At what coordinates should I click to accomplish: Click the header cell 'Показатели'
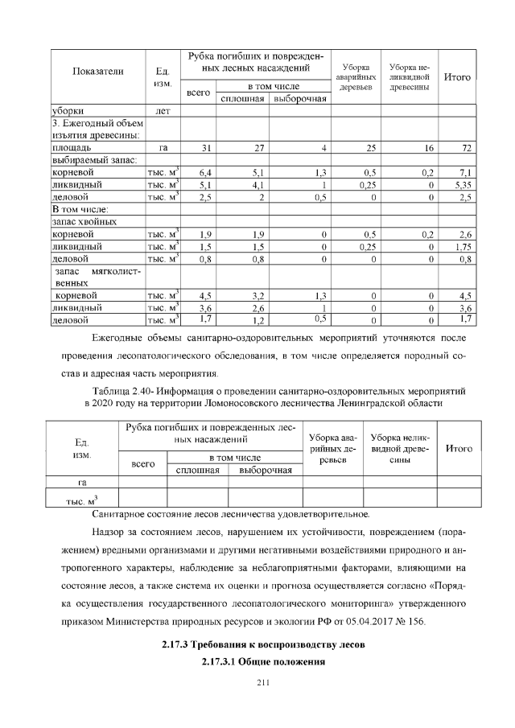pos(97,72)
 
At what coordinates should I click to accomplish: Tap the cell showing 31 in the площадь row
pos(206,148)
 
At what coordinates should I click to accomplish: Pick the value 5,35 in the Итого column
pos(461,184)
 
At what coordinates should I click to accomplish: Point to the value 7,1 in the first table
pos(464,172)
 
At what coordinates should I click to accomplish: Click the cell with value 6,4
pos(204,172)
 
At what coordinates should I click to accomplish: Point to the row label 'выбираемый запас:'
pos(89,160)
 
